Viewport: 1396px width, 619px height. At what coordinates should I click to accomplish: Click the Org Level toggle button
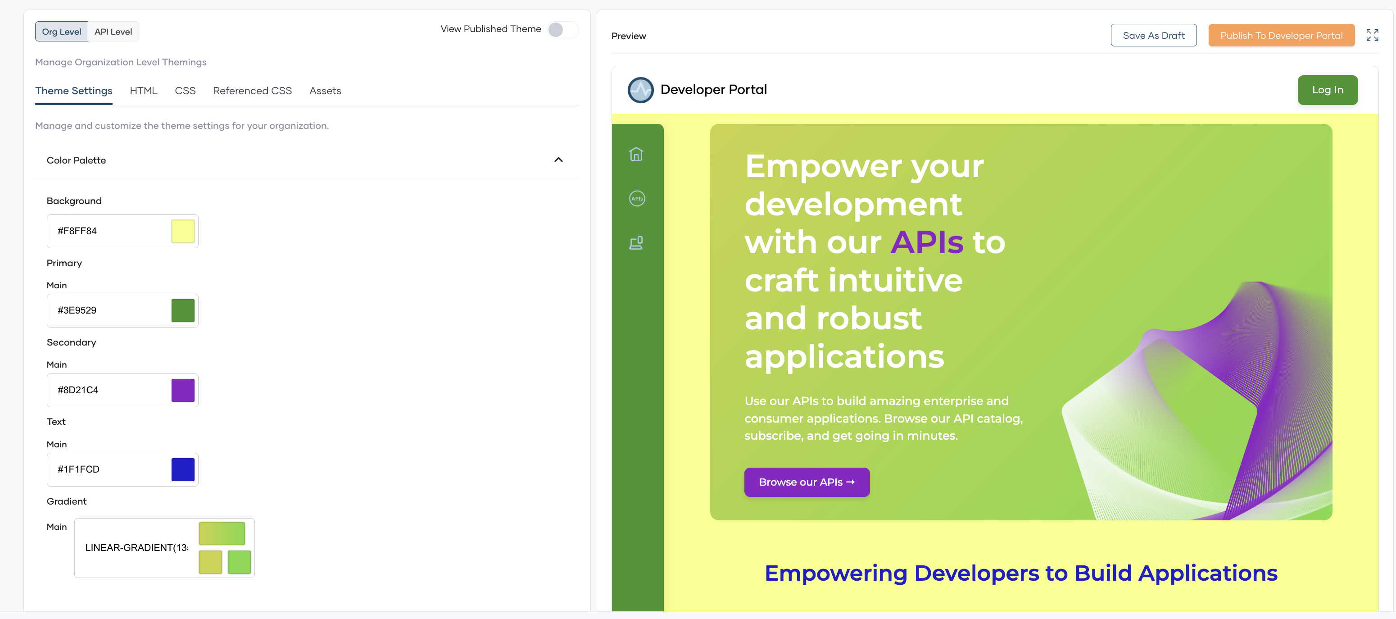[x=61, y=32]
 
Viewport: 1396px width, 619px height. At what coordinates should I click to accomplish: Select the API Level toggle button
[x=113, y=32]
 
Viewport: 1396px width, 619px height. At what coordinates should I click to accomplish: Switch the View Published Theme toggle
[x=562, y=29]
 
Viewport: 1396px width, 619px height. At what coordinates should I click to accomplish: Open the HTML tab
[x=144, y=91]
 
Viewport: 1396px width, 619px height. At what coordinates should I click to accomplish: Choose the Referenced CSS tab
[x=252, y=91]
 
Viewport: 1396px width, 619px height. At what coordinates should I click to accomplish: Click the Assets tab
[x=325, y=91]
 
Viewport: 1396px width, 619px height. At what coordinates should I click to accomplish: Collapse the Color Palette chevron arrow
[x=558, y=160]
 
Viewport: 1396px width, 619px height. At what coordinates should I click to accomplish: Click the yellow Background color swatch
[x=183, y=232]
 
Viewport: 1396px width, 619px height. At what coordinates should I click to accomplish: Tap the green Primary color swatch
[x=183, y=310]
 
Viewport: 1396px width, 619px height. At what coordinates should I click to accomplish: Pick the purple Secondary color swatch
[x=183, y=390]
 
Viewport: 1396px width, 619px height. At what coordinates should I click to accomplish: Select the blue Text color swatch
[x=183, y=469]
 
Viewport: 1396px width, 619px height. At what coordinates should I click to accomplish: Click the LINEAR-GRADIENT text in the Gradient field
[x=136, y=547]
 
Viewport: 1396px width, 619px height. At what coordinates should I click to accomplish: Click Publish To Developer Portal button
[x=1281, y=36]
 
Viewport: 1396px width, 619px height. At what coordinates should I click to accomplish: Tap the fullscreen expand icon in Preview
[x=1372, y=36]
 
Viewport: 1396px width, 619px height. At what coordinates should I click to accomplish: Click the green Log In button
[x=1327, y=90]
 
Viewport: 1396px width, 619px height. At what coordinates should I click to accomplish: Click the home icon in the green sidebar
[x=636, y=155]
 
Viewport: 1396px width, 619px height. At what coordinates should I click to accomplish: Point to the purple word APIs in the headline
[x=927, y=242]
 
